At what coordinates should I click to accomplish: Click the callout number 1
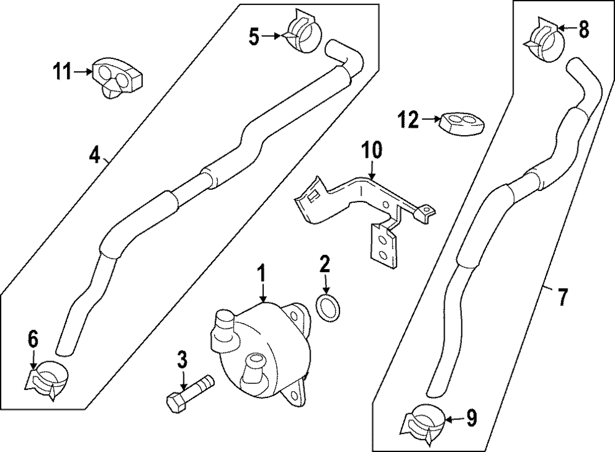[261, 272]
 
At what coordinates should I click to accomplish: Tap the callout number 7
[561, 297]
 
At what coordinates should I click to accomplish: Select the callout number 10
[372, 150]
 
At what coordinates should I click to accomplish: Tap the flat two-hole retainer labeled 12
[461, 122]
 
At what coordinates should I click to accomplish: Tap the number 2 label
[324, 265]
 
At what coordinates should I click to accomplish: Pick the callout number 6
[33, 338]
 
